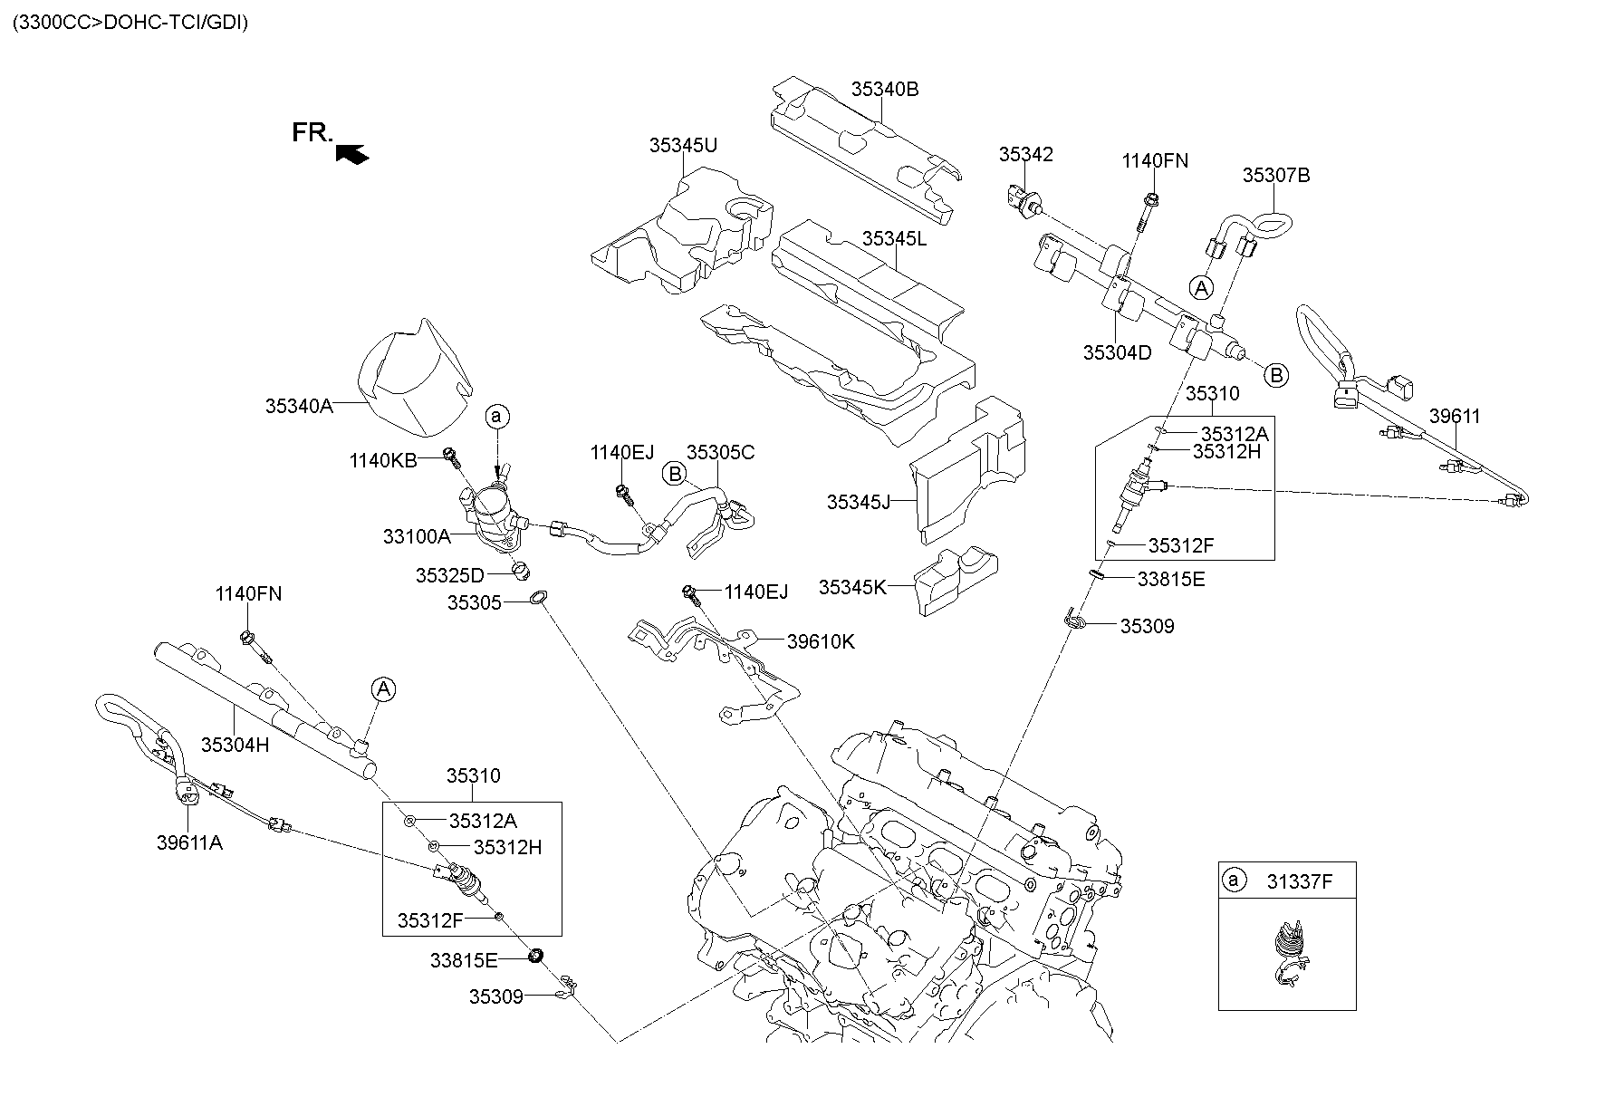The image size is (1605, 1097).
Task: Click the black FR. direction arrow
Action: (x=351, y=154)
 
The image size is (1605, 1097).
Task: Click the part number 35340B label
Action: (x=884, y=89)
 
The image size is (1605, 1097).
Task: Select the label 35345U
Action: (x=682, y=145)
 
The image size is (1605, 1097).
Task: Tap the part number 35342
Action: (x=1025, y=154)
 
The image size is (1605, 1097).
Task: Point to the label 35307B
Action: (x=1275, y=175)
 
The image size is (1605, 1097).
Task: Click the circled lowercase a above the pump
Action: (x=496, y=417)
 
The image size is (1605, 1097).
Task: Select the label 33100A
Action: (x=416, y=536)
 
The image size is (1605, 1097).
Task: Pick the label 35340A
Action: (x=299, y=406)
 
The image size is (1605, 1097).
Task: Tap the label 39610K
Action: (x=820, y=641)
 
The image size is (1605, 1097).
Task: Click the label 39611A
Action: (x=189, y=842)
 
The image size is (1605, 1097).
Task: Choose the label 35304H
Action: (x=235, y=745)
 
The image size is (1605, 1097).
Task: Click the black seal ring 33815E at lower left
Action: (x=534, y=955)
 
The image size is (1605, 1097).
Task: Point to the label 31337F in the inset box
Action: (x=1299, y=880)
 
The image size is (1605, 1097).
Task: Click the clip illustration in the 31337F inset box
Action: (x=1288, y=951)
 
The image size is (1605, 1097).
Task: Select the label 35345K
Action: (x=851, y=587)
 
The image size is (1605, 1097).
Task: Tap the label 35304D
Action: (x=1117, y=352)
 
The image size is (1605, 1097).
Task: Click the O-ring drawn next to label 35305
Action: (x=538, y=598)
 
